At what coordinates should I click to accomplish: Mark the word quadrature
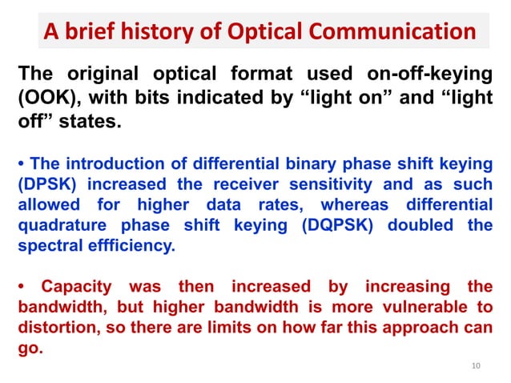[62, 226]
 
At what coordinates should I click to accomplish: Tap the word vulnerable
[417, 307]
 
